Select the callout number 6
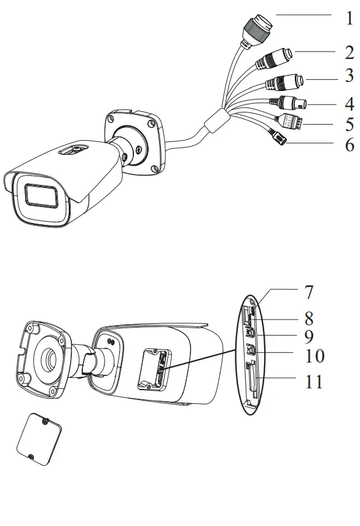(x=348, y=145)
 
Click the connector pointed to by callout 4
(x=294, y=104)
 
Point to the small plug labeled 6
(x=277, y=141)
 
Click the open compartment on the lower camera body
(x=152, y=369)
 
